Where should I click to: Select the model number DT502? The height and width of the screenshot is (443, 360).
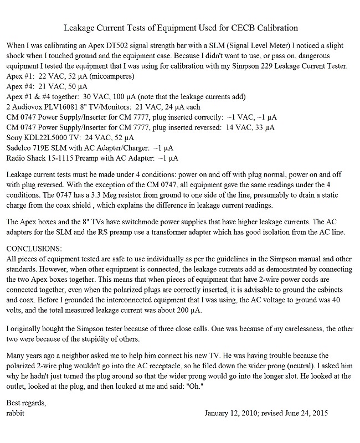pos(121,46)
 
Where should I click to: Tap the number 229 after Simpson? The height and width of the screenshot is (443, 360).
pos(254,66)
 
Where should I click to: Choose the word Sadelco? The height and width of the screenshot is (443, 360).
pos(20,147)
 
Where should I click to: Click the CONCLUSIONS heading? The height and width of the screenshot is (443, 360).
pos(33,248)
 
